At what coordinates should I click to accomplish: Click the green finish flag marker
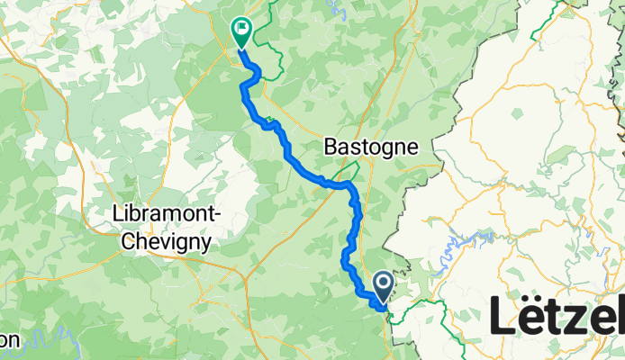coord(241,32)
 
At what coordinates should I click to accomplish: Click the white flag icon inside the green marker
coord(241,29)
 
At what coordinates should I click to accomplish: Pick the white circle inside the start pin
coord(383,284)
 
